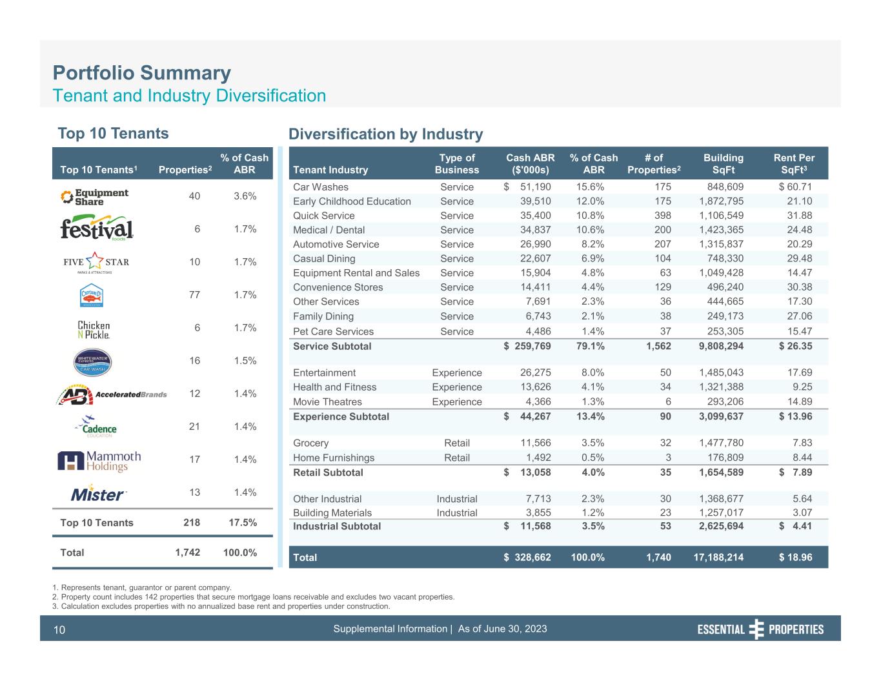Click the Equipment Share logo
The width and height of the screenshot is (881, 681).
coord(94,197)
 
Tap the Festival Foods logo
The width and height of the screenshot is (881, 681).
coord(97,230)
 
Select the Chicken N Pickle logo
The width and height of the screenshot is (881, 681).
coord(94,329)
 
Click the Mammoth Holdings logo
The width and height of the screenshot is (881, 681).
coord(99,460)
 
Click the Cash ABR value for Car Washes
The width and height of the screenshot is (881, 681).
coord(528,187)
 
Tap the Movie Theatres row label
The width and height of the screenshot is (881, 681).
coord(327,401)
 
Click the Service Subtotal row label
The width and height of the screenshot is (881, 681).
coord(332,346)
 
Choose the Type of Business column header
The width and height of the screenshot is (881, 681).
coord(457,163)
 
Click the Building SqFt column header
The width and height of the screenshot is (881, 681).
coord(723,163)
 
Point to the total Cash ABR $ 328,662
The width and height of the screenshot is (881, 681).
coord(528,557)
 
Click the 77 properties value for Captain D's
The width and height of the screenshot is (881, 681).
coord(194,296)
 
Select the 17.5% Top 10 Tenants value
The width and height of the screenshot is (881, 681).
coord(243,523)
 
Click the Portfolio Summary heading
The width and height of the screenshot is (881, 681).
coord(141,73)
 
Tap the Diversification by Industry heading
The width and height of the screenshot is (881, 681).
coord(385,134)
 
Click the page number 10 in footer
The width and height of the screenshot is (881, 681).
coord(59,630)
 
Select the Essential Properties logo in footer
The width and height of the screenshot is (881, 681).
coord(760,629)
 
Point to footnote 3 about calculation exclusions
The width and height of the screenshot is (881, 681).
coord(221,606)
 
